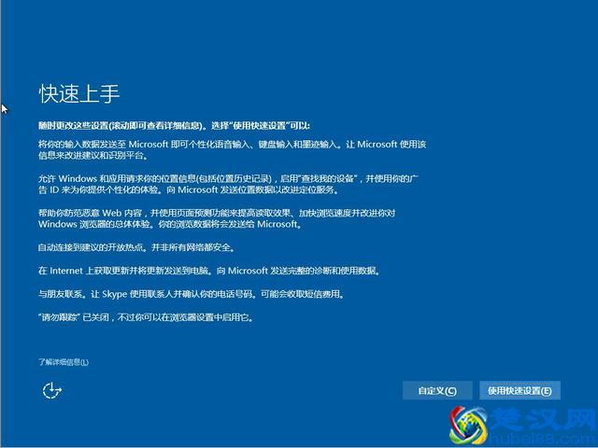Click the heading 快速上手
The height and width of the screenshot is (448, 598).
(x=79, y=94)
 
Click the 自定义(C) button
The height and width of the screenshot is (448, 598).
(x=437, y=390)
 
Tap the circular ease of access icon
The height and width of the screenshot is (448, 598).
(x=51, y=390)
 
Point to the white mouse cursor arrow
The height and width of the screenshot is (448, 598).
(x=5, y=109)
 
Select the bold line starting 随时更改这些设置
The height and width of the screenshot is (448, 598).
(x=174, y=124)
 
